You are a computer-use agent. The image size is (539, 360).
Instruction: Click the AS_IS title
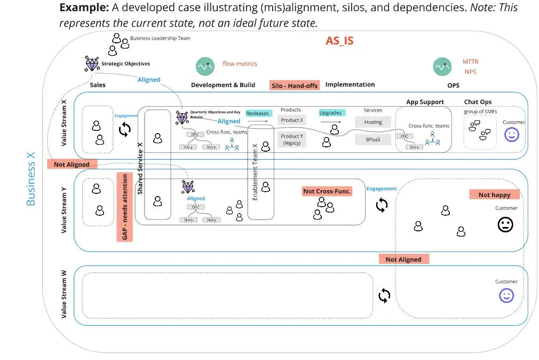pyautogui.click(x=339, y=41)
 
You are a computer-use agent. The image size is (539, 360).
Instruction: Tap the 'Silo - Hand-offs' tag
pyautogui.click(x=294, y=85)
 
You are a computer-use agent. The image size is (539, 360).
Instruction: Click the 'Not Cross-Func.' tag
pyautogui.click(x=327, y=191)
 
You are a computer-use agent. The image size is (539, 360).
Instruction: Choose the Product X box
pyautogui.click(x=292, y=120)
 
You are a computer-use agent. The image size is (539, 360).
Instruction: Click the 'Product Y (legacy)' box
pyautogui.click(x=292, y=139)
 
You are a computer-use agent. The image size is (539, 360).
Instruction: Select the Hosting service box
pyautogui.click(x=373, y=122)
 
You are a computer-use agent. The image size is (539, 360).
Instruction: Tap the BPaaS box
pyautogui.click(x=373, y=139)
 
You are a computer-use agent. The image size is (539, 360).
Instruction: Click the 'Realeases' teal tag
pyautogui.click(x=258, y=113)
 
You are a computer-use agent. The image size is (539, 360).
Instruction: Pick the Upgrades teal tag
pyautogui.click(x=330, y=113)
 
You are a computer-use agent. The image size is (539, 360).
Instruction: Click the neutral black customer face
pyautogui.click(x=505, y=224)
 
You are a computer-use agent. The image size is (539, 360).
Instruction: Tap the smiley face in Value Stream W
pyautogui.click(x=506, y=295)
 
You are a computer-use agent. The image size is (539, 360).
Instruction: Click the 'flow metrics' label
pyautogui.click(x=240, y=64)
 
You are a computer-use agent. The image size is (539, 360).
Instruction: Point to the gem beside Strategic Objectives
pyautogui.click(x=92, y=64)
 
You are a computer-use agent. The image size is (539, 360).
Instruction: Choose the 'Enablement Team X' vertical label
pyautogui.click(x=255, y=171)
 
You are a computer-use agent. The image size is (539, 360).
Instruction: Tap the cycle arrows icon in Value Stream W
pyautogui.click(x=384, y=295)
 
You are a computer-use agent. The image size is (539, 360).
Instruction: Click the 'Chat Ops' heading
pyautogui.click(x=478, y=102)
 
